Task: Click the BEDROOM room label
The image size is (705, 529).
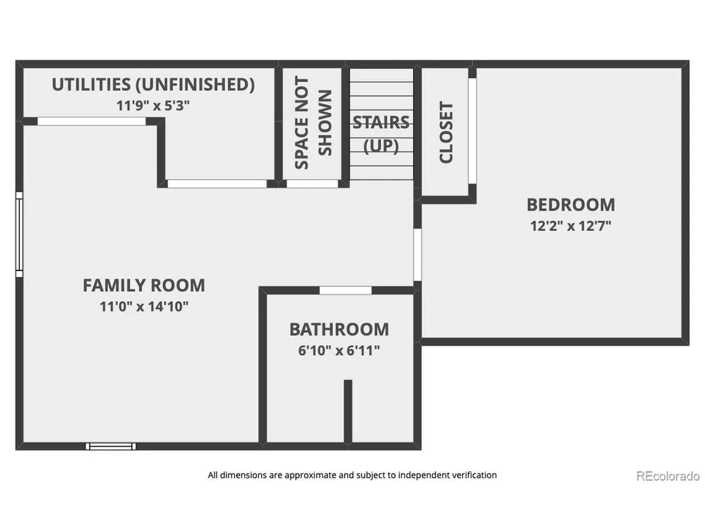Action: click(x=571, y=205)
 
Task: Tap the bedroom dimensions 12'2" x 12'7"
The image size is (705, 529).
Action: click(x=571, y=225)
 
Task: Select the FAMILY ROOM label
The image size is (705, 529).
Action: click(x=144, y=285)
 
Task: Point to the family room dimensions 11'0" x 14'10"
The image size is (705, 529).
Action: click(x=144, y=306)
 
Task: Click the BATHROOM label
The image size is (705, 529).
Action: click(x=339, y=329)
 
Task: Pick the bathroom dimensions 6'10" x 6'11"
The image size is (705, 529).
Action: click(x=339, y=350)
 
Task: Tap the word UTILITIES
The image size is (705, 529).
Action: click(x=91, y=85)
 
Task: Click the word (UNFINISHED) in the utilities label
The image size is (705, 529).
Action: click(x=195, y=85)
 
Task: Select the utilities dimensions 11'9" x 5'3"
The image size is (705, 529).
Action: click(x=153, y=105)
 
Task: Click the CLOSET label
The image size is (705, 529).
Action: click(x=446, y=132)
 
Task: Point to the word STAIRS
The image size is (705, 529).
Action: click(x=381, y=122)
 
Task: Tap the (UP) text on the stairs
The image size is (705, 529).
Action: click(x=381, y=146)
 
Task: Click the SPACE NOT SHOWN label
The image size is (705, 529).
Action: click(x=313, y=122)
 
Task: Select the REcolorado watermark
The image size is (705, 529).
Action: click(x=668, y=476)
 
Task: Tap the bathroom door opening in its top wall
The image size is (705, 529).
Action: click(x=346, y=290)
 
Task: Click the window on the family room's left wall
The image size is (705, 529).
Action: click(x=19, y=234)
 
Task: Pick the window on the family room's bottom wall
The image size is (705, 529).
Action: click(x=111, y=446)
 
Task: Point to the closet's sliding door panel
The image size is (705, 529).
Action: click(x=472, y=131)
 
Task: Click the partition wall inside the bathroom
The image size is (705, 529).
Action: click(x=348, y=411)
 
